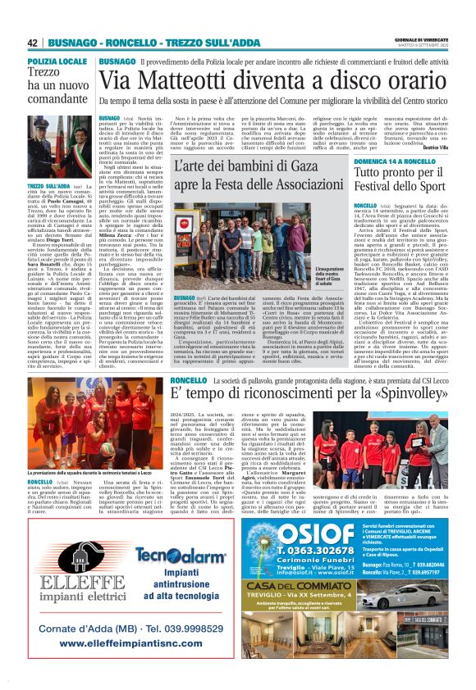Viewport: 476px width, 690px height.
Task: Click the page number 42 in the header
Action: (x=33, y=43)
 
